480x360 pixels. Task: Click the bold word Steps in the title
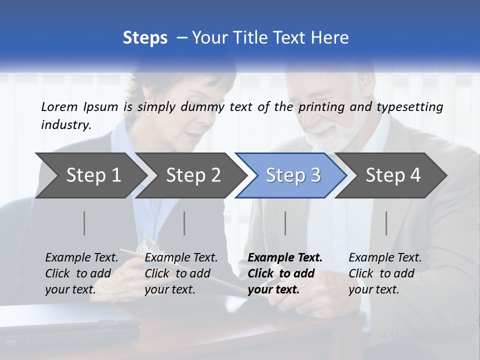coord(145,38)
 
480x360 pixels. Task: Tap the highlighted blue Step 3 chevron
coord(293,175)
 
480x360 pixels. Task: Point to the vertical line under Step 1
coord(84,223)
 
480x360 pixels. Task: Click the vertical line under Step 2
coord(184,223)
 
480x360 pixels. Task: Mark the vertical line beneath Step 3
coord(285,223)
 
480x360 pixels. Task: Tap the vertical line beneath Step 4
coord(386,223)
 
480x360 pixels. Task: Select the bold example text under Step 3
coord(285,273)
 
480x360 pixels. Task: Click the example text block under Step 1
coord(81,273)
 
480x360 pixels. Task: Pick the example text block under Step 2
coord(181,273)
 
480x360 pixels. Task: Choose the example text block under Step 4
coord(385,273)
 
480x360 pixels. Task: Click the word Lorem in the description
coord(59,106)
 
